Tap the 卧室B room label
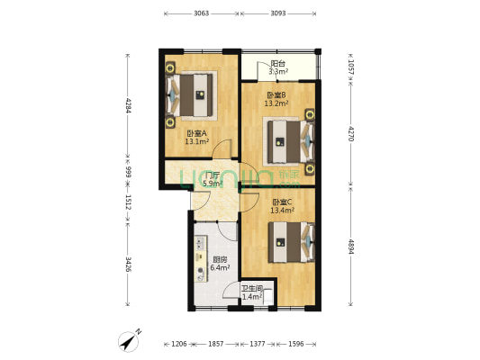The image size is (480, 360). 276,94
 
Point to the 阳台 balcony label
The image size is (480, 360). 278,64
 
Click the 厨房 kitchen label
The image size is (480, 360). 219,259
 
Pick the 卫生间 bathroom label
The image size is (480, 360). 251,288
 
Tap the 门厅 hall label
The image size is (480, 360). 213,175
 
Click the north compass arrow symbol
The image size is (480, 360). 131,340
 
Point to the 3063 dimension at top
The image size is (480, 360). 201,13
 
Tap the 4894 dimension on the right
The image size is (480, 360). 350,247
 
